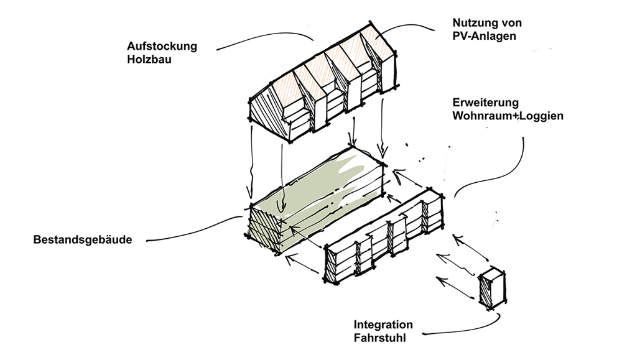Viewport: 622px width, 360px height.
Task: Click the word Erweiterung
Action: tap(486, 103)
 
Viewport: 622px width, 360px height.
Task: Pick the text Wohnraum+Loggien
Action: tap(508, 116)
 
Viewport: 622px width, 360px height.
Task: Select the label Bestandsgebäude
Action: tap(83, 239)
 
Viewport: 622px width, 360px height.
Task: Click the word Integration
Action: tap(383, 325)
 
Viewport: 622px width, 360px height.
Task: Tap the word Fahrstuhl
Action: tap(379, 338)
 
